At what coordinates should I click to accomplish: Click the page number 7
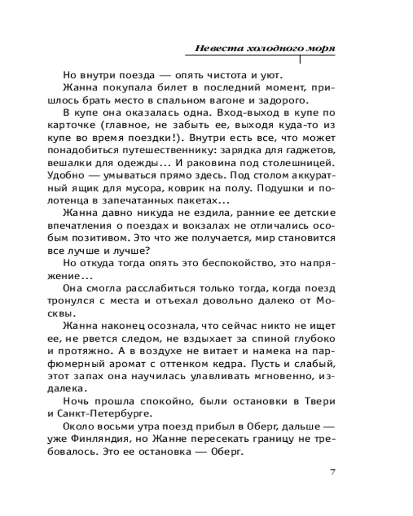332,471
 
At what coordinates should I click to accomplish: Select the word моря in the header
320,48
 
